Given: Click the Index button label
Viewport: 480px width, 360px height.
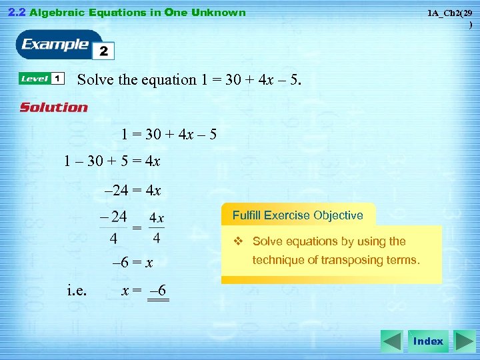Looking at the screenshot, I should tap(428, 341).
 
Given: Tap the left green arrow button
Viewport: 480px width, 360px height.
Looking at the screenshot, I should tap(391, 341).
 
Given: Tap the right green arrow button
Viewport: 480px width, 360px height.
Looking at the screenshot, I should tap(464, 341).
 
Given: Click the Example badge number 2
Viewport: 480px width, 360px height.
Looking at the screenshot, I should tap(104, 51).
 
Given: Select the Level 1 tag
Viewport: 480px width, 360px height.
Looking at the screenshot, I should tap(41, 79).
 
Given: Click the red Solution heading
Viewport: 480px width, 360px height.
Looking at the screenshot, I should tap(53, 107).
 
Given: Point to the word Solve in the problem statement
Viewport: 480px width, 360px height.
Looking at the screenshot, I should tap(96, 80).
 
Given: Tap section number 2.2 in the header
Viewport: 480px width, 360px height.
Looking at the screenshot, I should tap(16, 12).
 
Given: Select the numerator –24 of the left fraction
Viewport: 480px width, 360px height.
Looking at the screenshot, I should tap(113, 216).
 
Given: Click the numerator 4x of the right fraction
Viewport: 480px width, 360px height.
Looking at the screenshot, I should tap(157, 218).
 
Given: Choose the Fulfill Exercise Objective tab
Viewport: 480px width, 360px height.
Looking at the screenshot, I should tap(297, 215).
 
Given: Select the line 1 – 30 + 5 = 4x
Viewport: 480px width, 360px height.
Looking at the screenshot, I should tap(112, 161).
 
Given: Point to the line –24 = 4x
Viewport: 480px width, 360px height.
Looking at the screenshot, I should tap(133, 191).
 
